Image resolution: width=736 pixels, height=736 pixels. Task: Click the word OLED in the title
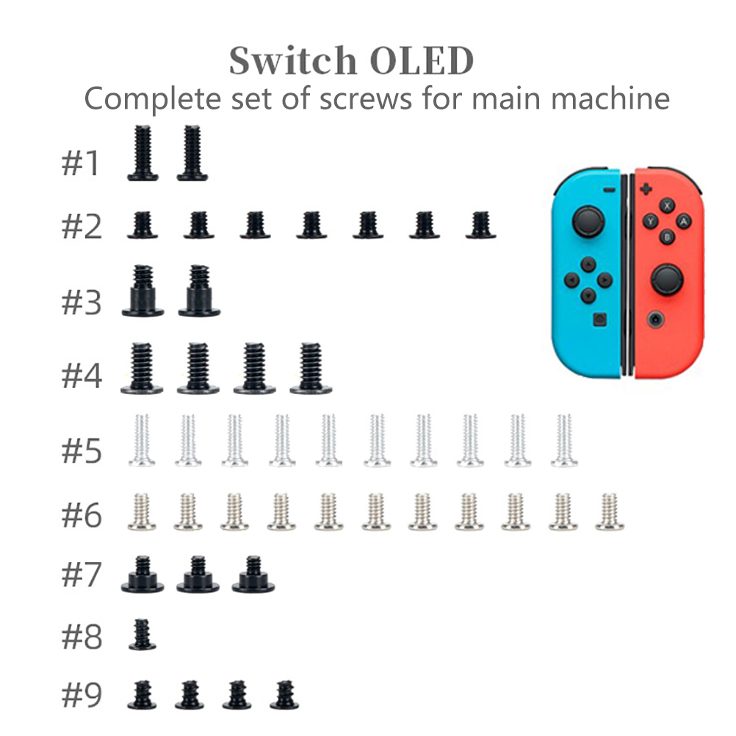coord(422,61)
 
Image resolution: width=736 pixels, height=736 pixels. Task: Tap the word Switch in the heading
coord(293,60)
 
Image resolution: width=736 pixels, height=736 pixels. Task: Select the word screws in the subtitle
coord(366,99)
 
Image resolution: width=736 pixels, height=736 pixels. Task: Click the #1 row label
coord(81,163)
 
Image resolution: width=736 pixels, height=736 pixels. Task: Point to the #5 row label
coord(82,450)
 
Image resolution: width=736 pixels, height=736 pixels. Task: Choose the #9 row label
coord(82,695)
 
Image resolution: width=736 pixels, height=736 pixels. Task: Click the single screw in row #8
coord(142,635)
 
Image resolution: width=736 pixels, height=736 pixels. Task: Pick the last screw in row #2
coord(480,226)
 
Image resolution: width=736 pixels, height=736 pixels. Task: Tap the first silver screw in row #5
coord(142,441)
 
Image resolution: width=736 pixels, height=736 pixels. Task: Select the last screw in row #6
coord(609,512)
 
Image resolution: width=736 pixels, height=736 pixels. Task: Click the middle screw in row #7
coord(198,574)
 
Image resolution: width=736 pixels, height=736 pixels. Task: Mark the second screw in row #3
coord(199,291)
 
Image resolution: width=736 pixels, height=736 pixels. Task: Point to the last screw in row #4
coord(311,368)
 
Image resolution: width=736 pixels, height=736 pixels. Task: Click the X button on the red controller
coord(667,206)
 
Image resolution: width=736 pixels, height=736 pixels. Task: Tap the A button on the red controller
coord(683,221)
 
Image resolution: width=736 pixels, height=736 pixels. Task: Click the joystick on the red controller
coord(667,280)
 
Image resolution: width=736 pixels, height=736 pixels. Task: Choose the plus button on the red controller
coord(646,190)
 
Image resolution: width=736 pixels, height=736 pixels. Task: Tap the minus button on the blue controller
coord(609,190)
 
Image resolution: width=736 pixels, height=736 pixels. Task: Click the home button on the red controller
coord(655,320)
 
